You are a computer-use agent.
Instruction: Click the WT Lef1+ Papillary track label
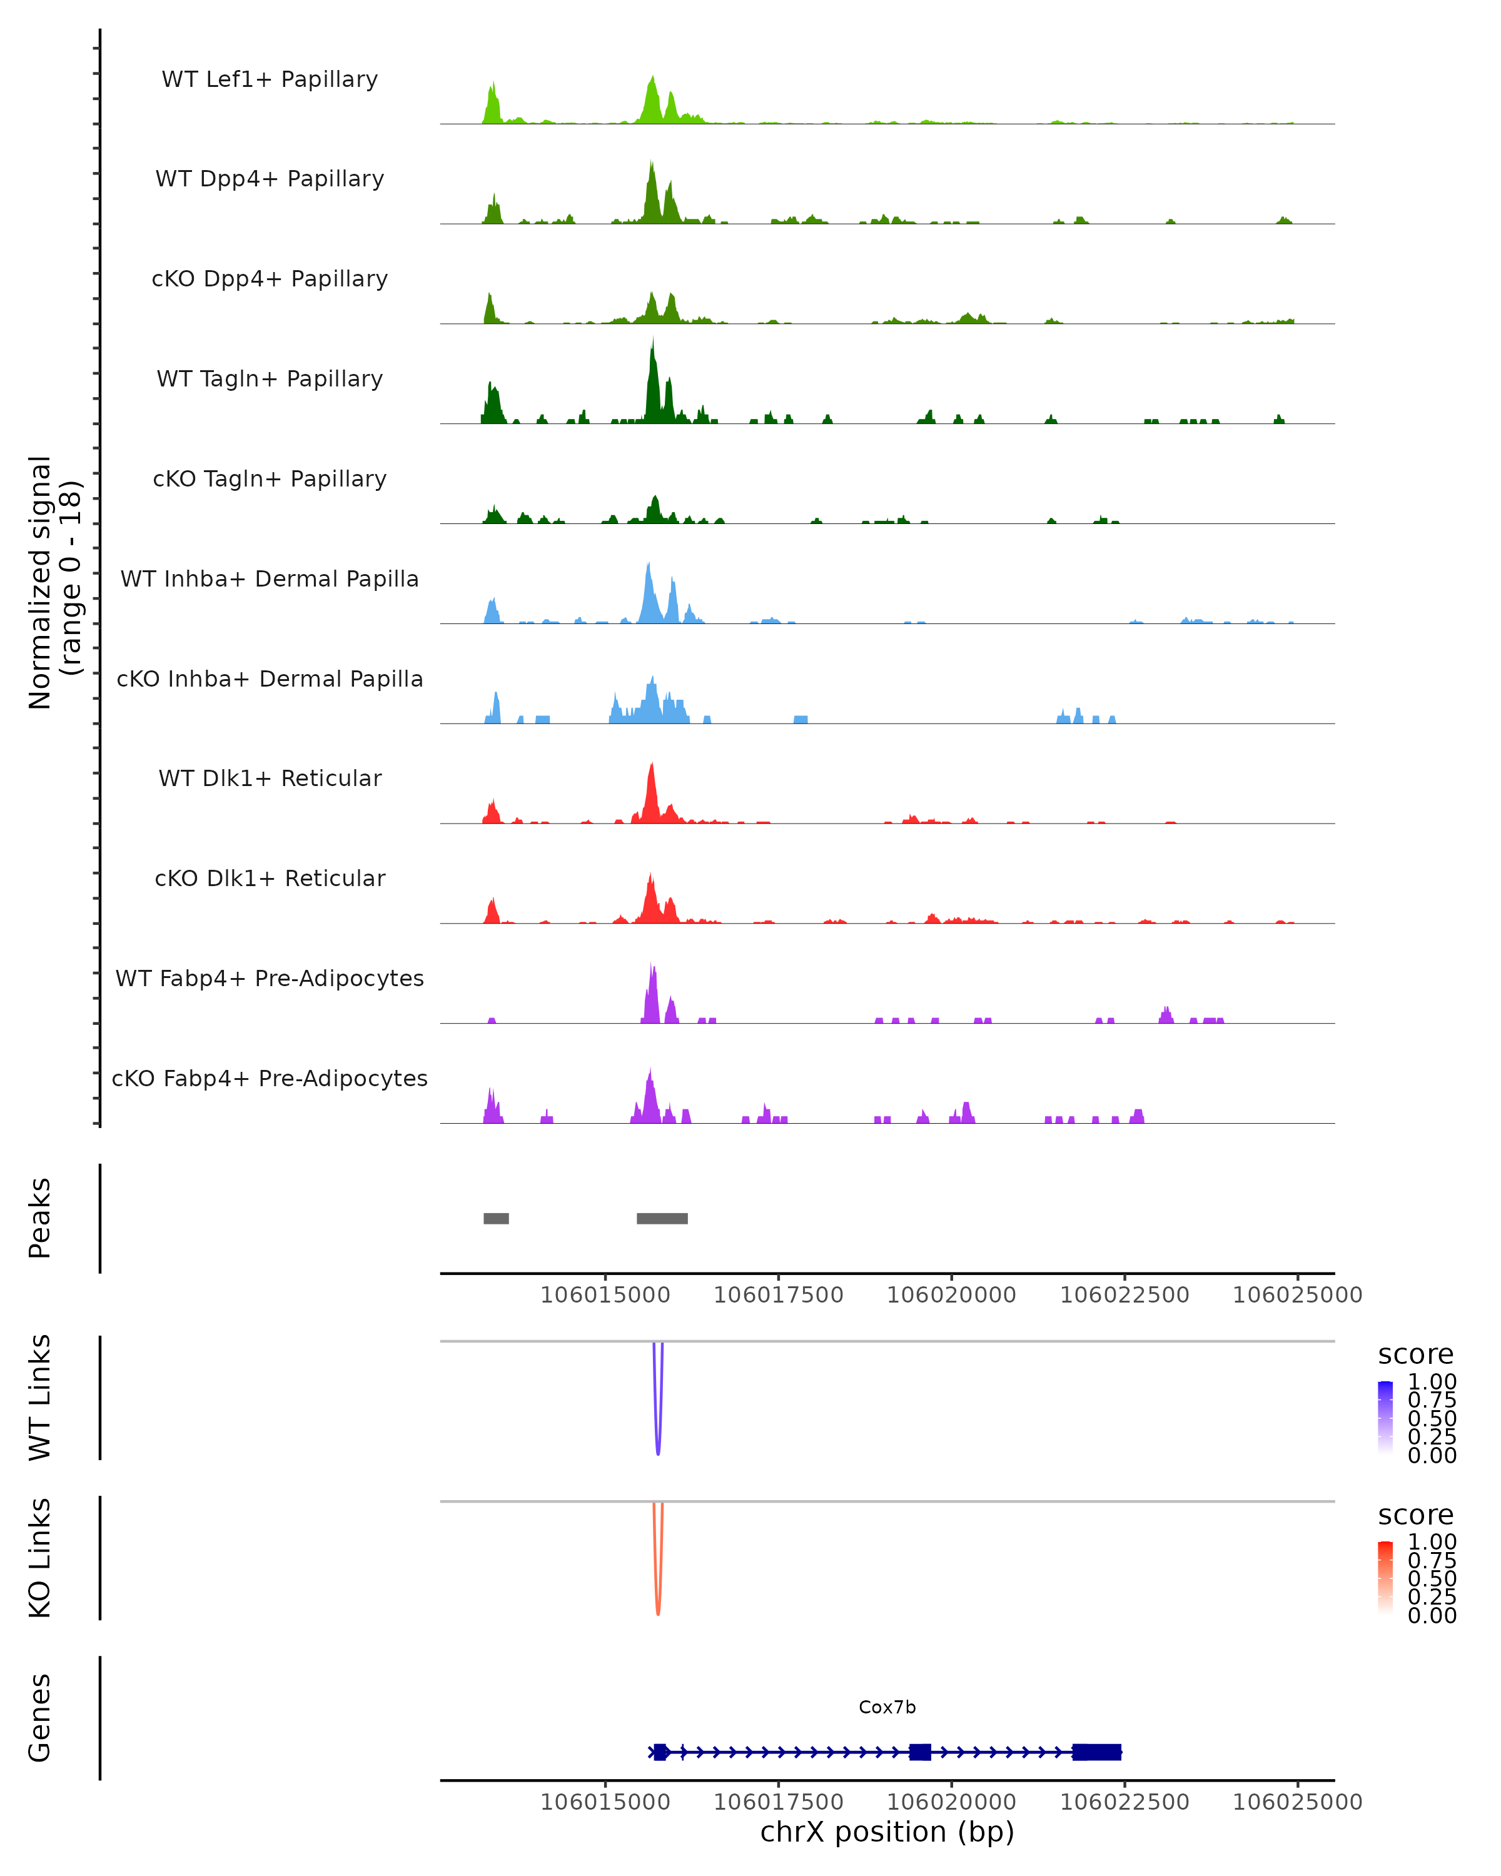(270, 79)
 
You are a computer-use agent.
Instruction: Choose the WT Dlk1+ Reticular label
(270, 778)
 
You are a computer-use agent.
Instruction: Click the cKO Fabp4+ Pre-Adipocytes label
(270, 1078)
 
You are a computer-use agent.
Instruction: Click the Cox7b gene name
(887, 1707)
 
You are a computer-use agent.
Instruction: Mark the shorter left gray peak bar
(496, 1218)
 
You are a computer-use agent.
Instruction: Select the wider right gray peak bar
(662, 1218)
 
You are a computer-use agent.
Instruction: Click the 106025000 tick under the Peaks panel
(1297, 1295)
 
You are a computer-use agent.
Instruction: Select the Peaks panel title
(39, 1218)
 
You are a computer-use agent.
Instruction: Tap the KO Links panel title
(39, 1558)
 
